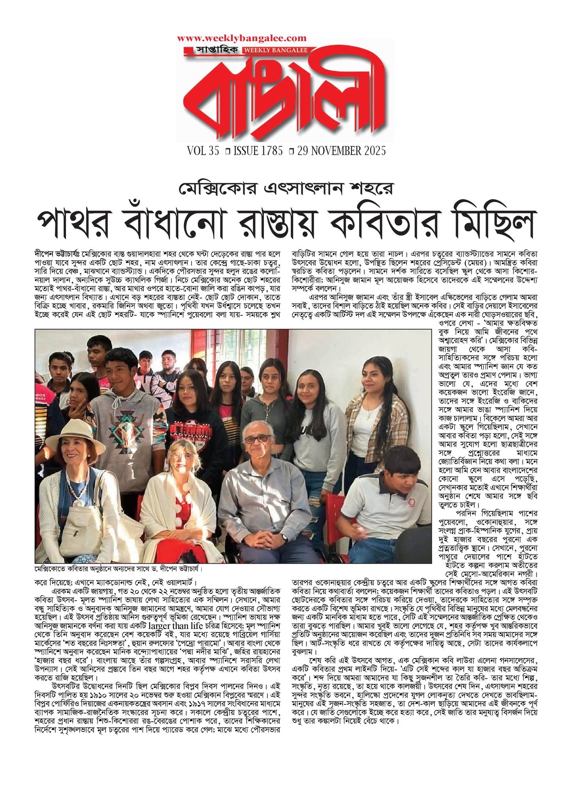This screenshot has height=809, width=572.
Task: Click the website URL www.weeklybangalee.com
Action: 242,38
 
